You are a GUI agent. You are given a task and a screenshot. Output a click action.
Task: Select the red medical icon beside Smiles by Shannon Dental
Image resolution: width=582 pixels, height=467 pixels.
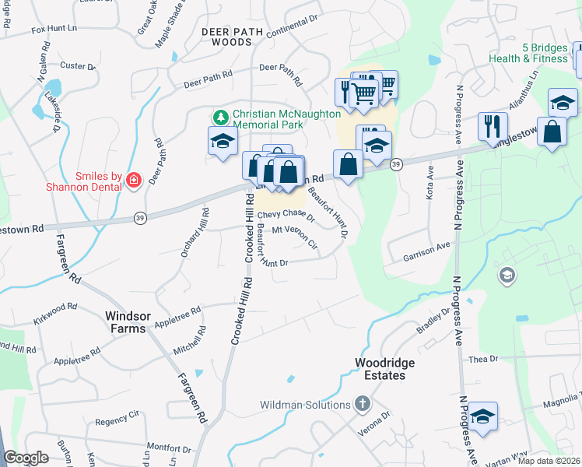pos(133,180)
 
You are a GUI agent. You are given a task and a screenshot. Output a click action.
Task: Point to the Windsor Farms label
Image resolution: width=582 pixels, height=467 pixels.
pos(125,323)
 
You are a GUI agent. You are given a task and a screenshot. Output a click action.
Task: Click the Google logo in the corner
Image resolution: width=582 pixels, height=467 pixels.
pos(26,458)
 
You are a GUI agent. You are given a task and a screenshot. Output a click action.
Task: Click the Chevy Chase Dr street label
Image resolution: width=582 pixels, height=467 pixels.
pos(286,216)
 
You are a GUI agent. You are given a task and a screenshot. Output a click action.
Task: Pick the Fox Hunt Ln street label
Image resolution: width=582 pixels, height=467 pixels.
pos(54,30)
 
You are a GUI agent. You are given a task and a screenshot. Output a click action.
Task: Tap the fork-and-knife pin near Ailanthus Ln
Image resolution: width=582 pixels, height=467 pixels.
pos(493,125)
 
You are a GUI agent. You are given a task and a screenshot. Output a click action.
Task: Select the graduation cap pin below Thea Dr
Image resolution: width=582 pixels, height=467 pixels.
pos(482,416)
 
